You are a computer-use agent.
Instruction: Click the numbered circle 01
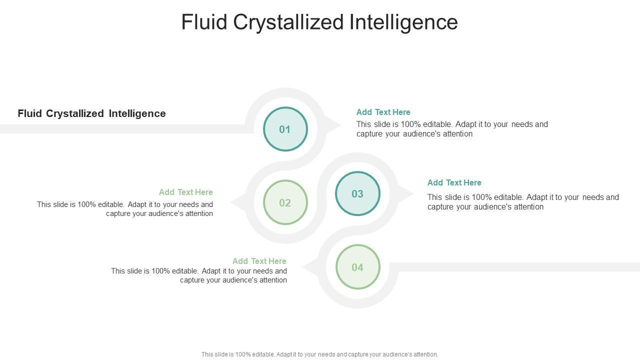(285, 129)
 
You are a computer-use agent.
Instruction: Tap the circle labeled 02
(285, 202)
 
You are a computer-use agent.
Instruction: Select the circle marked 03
(357, 193)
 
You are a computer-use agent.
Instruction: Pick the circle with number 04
(357, 267)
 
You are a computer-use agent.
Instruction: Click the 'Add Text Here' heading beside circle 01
(383, 112)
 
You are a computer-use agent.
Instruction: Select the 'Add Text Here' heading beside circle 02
(186, 192)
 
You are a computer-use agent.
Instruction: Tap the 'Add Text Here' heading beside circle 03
(454, 182)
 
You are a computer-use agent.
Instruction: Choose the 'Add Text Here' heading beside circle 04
(259, 261)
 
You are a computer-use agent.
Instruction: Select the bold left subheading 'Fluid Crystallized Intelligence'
(91, 113)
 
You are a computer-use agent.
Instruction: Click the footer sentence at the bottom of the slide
(320, 354)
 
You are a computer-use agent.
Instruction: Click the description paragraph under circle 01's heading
(452, 129)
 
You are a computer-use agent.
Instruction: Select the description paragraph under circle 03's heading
(523, 202)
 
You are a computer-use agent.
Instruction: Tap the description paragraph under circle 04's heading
(199, 275)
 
